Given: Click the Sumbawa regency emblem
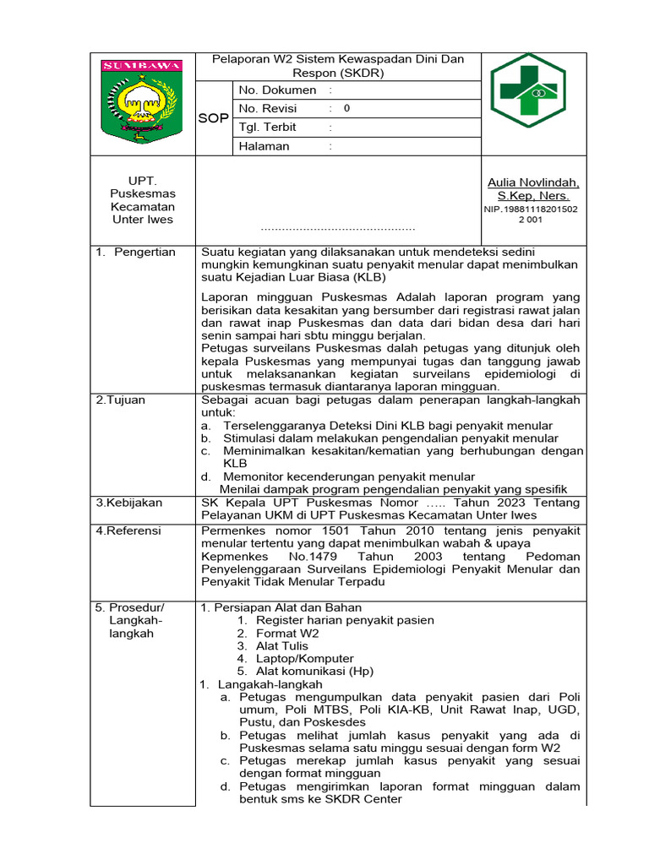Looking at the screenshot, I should [141, 101].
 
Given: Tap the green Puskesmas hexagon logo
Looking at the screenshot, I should [529, 90].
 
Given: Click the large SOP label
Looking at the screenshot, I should [213, 118].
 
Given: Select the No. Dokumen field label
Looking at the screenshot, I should [277, 90].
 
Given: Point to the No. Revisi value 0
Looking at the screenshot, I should [346, 109].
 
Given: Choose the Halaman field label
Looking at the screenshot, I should [264, 146].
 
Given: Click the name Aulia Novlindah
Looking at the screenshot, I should [533, 182].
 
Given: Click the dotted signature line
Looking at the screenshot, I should [338, 228].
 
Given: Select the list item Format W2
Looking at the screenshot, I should [287, 633].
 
